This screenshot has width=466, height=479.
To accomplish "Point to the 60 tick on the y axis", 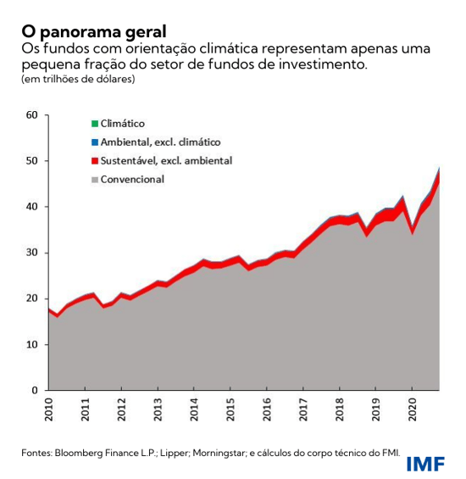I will coord(33,114).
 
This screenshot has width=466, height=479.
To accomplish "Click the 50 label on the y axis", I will coord(33,160).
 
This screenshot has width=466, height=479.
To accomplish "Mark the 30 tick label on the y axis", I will coord(33,253).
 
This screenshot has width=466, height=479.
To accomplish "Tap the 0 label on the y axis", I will coord(36,391).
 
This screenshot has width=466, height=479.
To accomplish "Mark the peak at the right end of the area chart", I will coord(438,168).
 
